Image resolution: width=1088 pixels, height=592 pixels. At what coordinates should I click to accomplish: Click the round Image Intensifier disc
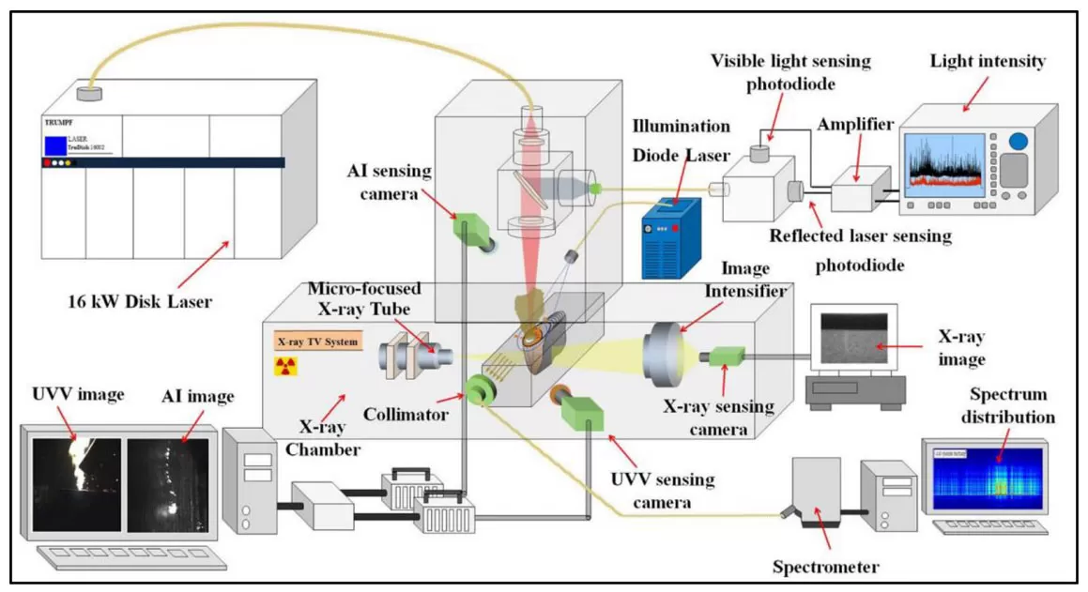click(663, 357)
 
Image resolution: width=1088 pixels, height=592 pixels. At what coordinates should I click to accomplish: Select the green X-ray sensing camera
click(727, 357)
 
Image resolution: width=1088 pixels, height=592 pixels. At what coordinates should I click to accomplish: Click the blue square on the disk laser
click(55, 144)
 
